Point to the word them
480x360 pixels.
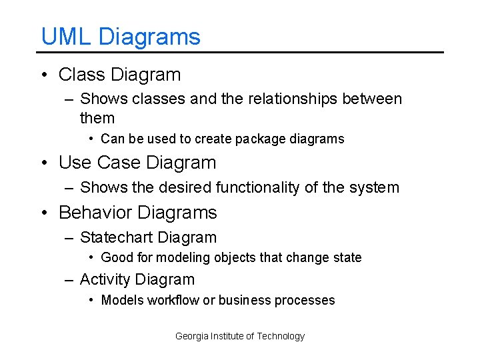pyautogui.click(x=97, y=119)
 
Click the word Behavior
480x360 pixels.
pyautogui.click(x=96, y=213)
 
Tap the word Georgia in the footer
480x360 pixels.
pyautogui.click(x=191, y=337)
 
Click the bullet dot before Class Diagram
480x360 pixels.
pyautogui.click(x=44, y=75)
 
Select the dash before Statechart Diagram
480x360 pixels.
pyautogui.click(x=69, y=238)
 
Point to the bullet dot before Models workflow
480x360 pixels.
pyautogui.click(x=91, y=301)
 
